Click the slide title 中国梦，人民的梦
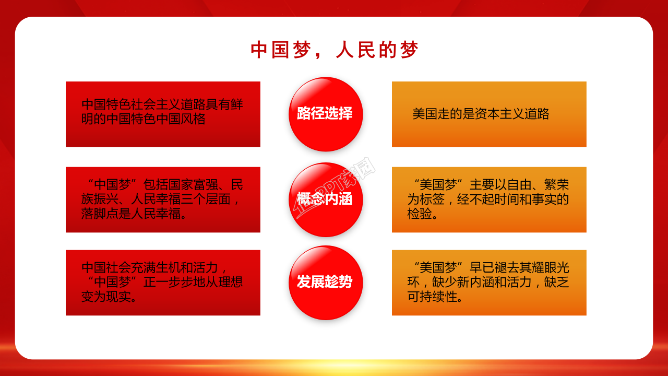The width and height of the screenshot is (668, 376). coord(334,50)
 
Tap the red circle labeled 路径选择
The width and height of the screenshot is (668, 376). coord(325,114)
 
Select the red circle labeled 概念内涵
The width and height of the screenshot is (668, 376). coord(325,199)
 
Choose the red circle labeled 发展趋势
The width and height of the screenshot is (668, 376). coord(325,282)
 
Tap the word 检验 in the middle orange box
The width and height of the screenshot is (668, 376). coord(420,214)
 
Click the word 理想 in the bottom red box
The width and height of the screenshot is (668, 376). coord(231,282)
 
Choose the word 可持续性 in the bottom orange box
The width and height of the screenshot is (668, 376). coord(432,297)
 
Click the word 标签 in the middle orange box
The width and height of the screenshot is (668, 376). coord(432,199)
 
